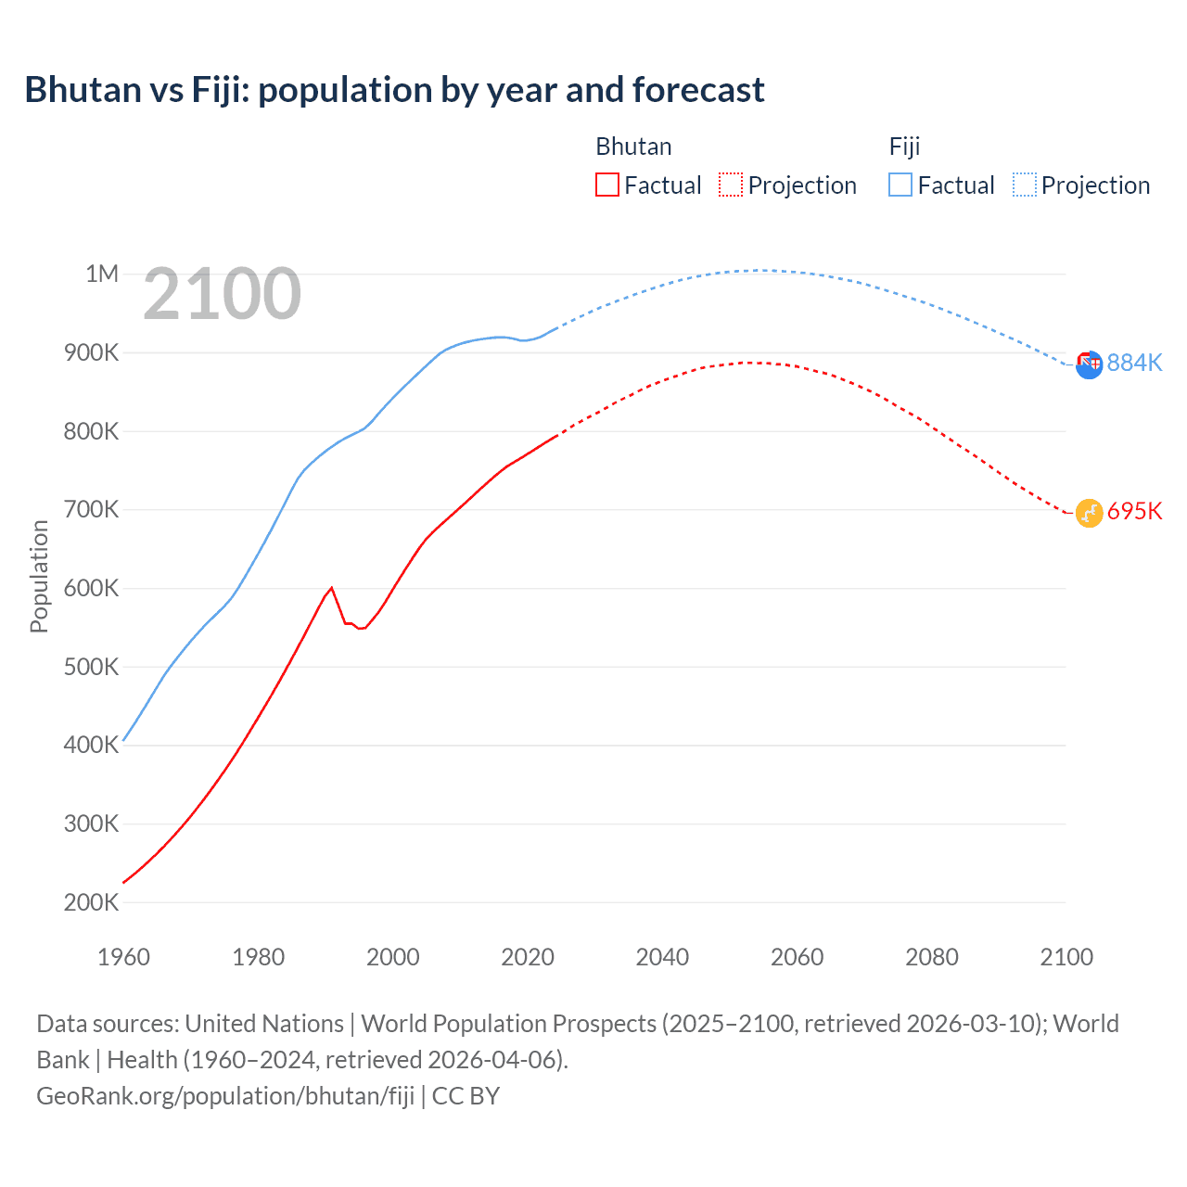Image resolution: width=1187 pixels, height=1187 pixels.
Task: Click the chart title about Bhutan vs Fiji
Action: point(394,90)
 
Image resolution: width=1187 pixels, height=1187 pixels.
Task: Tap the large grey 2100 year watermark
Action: point(222,294)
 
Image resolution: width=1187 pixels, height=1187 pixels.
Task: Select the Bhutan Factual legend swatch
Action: point(606,185)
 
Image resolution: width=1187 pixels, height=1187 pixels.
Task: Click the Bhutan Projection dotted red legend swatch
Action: point(731,185)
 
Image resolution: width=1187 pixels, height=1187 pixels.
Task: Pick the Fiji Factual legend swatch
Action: point(900,185)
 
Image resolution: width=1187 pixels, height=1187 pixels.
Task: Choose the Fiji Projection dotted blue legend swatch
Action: point(1025,185)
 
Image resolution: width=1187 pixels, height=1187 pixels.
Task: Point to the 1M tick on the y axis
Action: point(102,274)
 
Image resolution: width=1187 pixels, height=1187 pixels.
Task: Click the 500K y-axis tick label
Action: point(91,667)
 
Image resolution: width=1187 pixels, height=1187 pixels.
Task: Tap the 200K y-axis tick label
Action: point(91,902)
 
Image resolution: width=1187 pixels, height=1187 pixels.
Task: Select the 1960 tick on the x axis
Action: point(123,957)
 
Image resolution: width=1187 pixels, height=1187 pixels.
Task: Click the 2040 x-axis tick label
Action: point(662,957)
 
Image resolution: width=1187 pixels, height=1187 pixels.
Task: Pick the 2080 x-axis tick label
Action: point(932,957)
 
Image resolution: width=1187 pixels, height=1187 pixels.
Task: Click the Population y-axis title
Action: point(39,576)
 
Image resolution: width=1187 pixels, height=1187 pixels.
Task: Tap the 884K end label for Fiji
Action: point(1134,363)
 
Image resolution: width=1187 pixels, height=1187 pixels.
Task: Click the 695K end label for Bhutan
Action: point(1134,511)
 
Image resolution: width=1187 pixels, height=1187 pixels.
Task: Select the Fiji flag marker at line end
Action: point(1089,364)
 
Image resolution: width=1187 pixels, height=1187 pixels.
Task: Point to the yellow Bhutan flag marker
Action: point(1089,513)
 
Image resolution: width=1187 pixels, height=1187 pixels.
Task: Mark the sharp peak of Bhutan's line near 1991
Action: point(331,588)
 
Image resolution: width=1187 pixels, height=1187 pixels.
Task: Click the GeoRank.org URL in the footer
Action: point(225,1095)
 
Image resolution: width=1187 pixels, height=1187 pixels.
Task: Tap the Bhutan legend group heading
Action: point(633,147)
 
